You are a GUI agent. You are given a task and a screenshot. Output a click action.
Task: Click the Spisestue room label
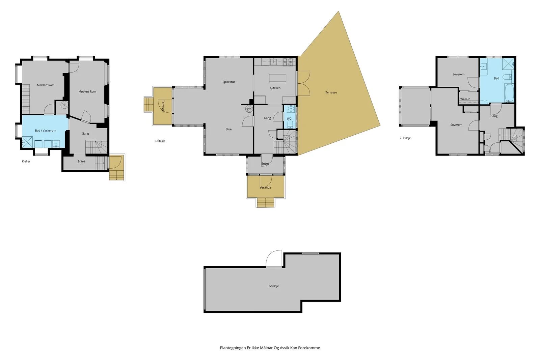229,82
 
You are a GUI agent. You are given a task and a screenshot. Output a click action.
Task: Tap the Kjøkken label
275,88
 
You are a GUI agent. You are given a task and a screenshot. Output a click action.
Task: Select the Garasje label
274,286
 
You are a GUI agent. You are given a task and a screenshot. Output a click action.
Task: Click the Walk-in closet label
465,99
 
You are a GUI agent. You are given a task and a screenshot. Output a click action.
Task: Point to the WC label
289,119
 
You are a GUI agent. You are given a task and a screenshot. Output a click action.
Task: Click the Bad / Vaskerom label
46,131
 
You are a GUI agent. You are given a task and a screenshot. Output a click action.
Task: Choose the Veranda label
265,188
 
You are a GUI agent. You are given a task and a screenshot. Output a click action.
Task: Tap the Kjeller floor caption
26,162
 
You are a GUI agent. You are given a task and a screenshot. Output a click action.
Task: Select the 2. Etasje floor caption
405,138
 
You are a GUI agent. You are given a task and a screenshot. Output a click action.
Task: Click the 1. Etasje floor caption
160,141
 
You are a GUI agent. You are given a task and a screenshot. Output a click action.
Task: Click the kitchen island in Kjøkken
278,79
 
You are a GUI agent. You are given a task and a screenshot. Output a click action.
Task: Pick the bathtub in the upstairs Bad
509,93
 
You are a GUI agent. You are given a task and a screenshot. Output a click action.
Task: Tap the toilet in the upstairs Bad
507,77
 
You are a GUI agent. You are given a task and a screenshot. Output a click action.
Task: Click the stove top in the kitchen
288,62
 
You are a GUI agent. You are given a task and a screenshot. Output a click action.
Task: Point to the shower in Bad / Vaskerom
27,142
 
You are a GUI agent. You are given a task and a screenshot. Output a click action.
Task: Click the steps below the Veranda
265,202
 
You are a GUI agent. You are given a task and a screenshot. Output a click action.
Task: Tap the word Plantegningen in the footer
233,348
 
